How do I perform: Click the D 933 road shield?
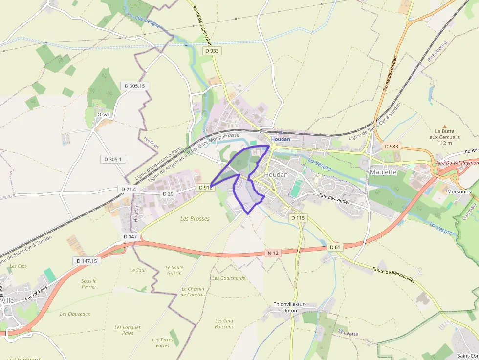click(x=212, y=51)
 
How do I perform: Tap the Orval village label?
click(x=104, y=114)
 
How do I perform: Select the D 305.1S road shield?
click(x=134, y=86)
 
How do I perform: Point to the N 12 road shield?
click(x=273, y=253)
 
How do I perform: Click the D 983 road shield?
click(x=392, y=146)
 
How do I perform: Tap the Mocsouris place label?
click(x=459, y=192)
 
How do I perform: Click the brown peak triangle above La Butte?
click(x=444, y=126)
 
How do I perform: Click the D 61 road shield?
click(x=335, y=247)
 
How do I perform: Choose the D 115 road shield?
click(x=297, y=218)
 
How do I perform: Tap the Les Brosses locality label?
click(x=195, y=219)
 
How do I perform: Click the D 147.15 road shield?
click(x=87, y=261)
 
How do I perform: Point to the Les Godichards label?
click(x=229, y=278)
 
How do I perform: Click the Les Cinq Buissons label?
click(x=224, y=324)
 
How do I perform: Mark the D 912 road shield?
click(x=205, y=188)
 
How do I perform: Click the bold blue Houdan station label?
click(x=281, y=139)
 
